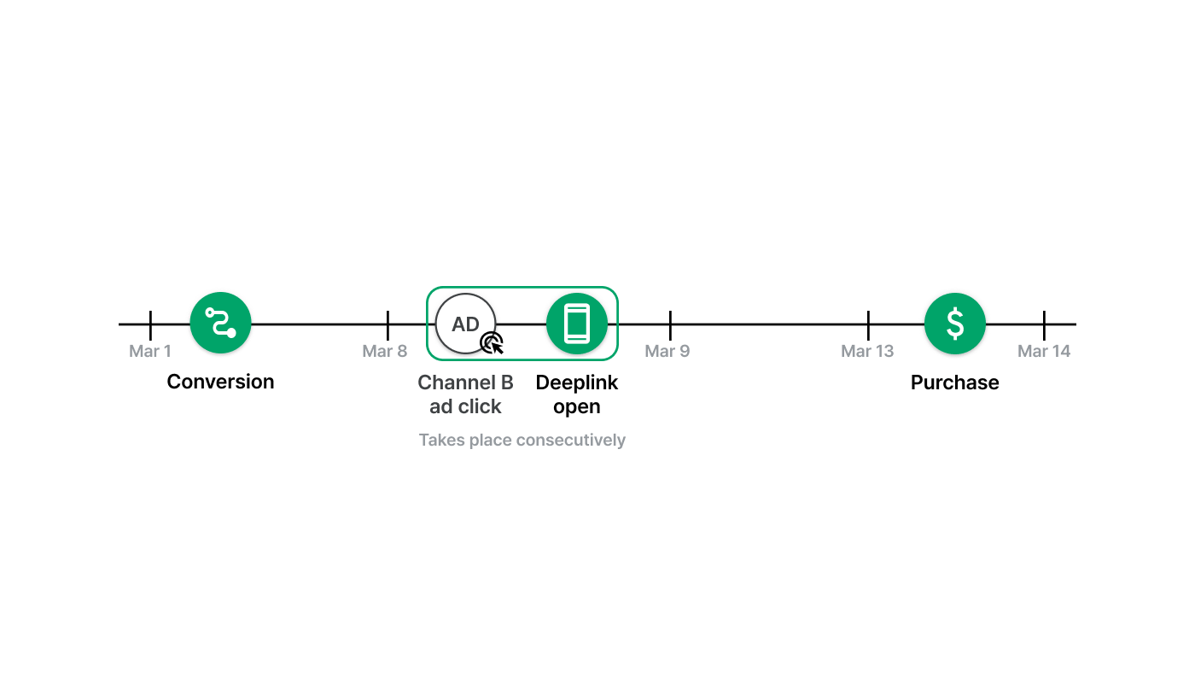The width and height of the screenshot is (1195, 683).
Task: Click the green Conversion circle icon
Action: pyautogui.click(x=220, y=323)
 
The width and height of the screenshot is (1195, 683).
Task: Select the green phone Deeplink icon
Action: pyautogui.click(x=577, y=324)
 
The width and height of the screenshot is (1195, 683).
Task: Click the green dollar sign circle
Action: pyautogui.click(x=955, y=324)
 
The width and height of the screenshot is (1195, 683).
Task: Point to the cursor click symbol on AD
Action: pyautogui.click(x=492, y=343)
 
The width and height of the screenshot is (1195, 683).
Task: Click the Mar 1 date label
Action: pyautogui.click(x=150, y=351)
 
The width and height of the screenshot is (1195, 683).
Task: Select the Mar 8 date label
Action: pyautogui.click(x=385, y=351)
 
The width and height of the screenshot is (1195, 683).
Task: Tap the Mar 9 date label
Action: pyautogui.click(x=667, y=351)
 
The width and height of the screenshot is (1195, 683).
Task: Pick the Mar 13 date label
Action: pyautogui.click(x=867, y=351)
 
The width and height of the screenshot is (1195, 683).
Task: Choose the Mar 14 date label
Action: pyautogui.click(x=1044, y=351)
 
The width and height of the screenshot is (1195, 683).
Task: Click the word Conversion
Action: pyautogui.click(x=220, y=382)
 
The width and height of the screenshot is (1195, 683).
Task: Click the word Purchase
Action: pyautogui.click(x=955, y=382)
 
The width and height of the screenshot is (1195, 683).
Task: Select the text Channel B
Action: pyautogui.click(x=466, y=382)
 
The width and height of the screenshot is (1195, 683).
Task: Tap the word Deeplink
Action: pyautogui.click(x=577, y=383)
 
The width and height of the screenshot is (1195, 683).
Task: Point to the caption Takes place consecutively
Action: pyautogui.click(x=522, y=441)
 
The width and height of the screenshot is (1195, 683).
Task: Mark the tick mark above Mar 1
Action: pyautogui.click(x=150, y=325)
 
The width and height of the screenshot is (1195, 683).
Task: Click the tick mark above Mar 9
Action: pyautogui.click(x=670, y=325)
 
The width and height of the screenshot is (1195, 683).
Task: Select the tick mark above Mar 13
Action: pyautogui.click(x=869, y=325)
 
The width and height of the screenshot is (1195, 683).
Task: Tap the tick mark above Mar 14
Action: pyautogui.click(x=1044, y=325)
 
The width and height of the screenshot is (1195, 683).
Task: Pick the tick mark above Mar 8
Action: pyautogui.click(x=388, y=325)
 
